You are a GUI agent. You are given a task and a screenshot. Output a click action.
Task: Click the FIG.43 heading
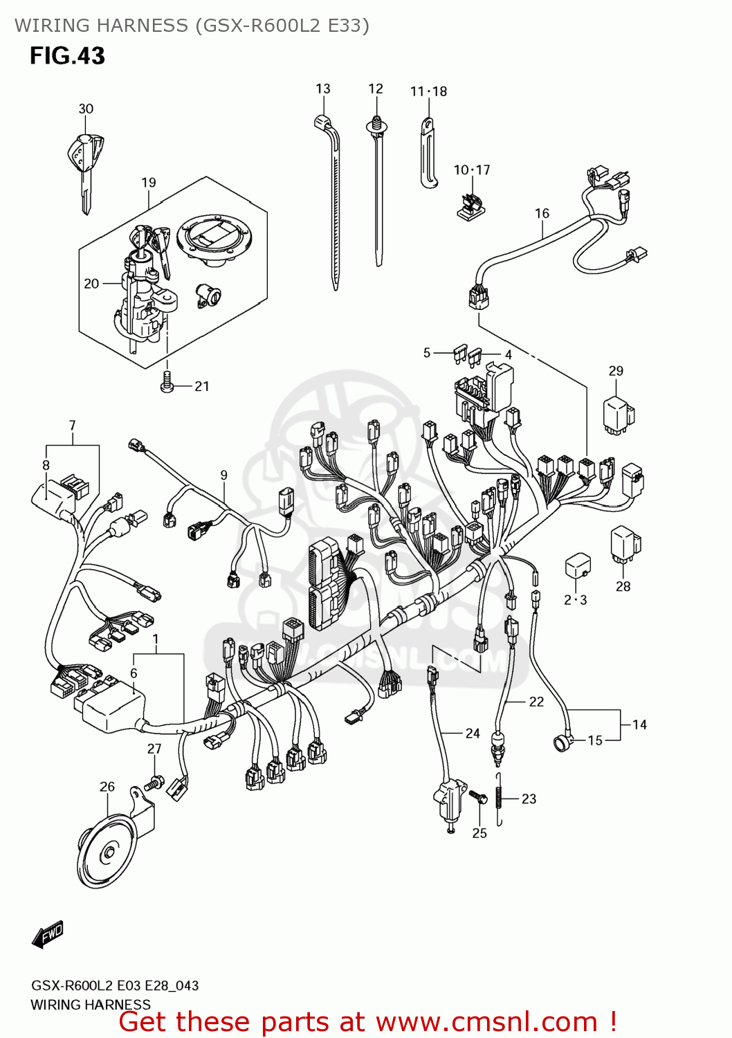click(x=67, y=56)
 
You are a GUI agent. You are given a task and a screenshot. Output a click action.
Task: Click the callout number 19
click(x=149, y=183)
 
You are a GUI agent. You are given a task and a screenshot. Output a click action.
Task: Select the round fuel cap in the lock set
click(x=214, y=239)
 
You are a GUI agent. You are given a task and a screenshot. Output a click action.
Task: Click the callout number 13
click(x=323, y=89)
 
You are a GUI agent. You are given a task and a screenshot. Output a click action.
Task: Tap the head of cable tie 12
click(x=376, y=125)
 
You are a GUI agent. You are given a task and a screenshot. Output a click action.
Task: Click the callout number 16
click(x=542, y=214)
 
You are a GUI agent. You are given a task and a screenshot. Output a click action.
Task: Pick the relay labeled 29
click(x=618, y=415)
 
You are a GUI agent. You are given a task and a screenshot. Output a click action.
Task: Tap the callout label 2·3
click(x=575, y=600)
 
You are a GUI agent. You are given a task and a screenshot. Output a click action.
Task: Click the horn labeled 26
click(x=107, y=850)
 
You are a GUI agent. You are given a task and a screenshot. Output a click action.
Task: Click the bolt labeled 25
click(x=478, y=797)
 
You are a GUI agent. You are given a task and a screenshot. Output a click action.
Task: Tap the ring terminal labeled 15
click(x=561, y=744)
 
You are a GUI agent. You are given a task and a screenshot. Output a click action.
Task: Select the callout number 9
click(x=223, y=475)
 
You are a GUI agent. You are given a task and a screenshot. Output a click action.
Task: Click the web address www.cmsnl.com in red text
click(x=486, y=1022)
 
